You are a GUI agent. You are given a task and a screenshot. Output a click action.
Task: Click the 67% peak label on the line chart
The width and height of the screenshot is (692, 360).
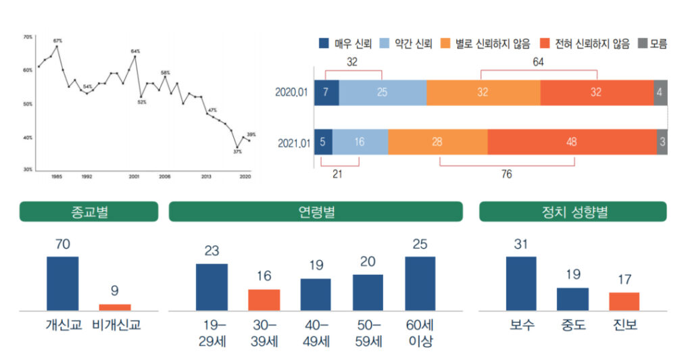click(x=57, y=41)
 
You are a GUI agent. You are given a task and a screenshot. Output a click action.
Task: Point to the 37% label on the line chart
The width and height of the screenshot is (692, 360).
click(x=237, y=152)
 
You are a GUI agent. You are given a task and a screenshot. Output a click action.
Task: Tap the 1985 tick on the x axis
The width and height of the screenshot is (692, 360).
click(x=57, y=176)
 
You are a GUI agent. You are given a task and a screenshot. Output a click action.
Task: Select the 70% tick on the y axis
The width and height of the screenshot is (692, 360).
click(x=28, y=36)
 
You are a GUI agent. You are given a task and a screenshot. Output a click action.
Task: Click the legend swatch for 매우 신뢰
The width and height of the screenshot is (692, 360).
click(x=324, y=44)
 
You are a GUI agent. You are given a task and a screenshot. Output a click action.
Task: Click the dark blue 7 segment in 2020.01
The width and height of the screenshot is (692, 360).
click(x=326, y=92)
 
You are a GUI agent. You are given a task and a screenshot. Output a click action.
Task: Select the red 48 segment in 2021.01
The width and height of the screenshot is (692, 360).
click(x=572, y=141)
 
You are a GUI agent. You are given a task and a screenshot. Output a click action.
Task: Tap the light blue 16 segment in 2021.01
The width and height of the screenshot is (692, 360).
click(x=360, y=141)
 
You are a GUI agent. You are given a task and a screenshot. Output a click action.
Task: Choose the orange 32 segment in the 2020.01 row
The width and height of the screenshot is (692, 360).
click(x=483, y=92)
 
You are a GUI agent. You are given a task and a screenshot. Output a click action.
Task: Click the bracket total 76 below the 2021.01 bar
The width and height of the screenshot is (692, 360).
click(x=507, y=174)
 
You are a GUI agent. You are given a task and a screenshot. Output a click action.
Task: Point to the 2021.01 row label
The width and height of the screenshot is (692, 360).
click(x=293, y=142)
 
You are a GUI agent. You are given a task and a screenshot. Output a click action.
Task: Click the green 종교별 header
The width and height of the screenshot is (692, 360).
click(x=89, y=212)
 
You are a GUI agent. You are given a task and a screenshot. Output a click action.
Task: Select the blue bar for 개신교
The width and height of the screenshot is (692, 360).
click(x=62, y=283)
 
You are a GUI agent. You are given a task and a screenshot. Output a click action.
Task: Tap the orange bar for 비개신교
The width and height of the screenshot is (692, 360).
click(x=115, y=307)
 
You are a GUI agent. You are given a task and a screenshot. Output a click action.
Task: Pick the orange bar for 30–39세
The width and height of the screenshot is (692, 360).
click(x=264, y=299)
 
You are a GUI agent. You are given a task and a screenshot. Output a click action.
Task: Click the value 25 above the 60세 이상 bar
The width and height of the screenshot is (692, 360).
click(x=420, y=245)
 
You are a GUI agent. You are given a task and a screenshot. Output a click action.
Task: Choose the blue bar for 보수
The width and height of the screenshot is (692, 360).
click(x=521, y=283)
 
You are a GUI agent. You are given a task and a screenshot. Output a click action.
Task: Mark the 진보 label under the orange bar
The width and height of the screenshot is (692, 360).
click(x=623, y=325)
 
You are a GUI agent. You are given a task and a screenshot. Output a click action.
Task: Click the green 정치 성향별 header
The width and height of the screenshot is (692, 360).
click(x=572, y=212)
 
